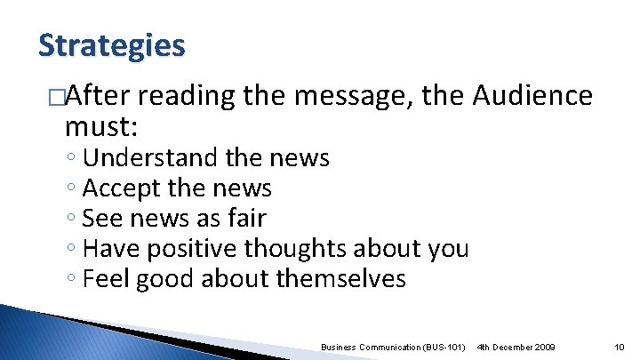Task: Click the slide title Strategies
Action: (112, 44)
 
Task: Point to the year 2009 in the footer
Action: (542, 346)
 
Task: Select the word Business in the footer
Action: (339, 346)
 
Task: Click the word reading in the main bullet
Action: (184, 96)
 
